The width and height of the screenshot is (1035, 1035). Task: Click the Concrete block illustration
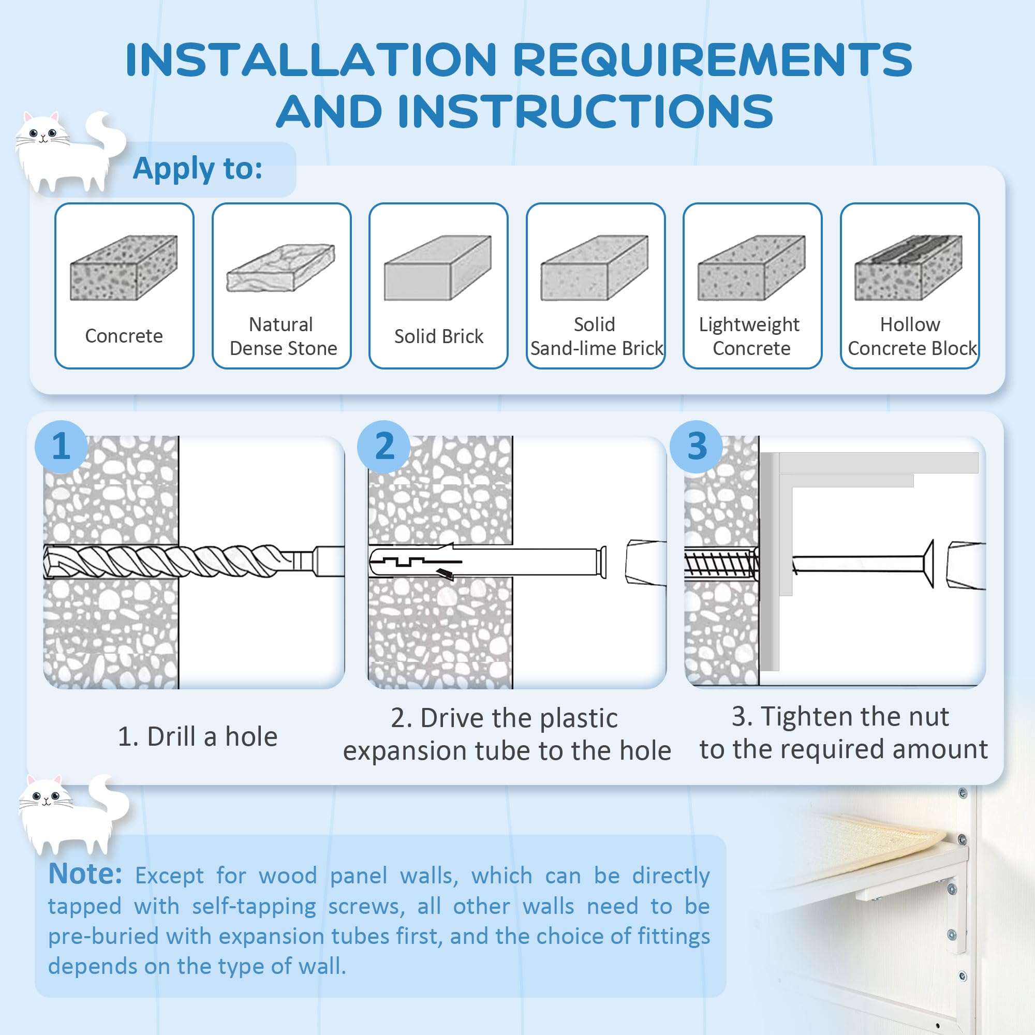pyautogui.click(x=124, y=268)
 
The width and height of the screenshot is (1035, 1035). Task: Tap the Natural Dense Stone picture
pyautogui.click(x=280, y=268)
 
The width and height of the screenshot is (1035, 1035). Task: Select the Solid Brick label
pyautogui.click(x=439, y=336)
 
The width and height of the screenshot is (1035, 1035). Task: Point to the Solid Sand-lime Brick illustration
pyautogui.click(x=595, y=268)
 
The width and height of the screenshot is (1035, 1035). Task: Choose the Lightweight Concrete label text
pyautogui.click(x=750, y=336)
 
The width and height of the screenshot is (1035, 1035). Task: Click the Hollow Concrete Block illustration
pyautogui.click(x=909, y=268)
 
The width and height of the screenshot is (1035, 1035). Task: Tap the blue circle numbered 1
pyautogui.click(x=61, y=446)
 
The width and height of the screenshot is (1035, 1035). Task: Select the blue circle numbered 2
pyautogui.click(x=384, y=446)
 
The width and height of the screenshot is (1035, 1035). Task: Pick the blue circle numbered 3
pyautogui.click(x=697, y=446)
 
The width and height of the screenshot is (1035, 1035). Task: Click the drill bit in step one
pyautogui.click(x=194, y=561)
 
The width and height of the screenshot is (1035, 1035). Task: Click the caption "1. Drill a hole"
pyautogui.click(x=198, y=736)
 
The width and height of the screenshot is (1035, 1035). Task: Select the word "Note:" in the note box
pyautogui.click(x=85, y=874)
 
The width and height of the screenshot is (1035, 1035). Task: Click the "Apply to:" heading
pyautogui.click(x=198, y=169)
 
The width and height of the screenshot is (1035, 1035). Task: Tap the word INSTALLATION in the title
pyautogui.click(x=311, y=60)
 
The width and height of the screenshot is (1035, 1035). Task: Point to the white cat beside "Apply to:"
pyautogui.click(x=70, y=152)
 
